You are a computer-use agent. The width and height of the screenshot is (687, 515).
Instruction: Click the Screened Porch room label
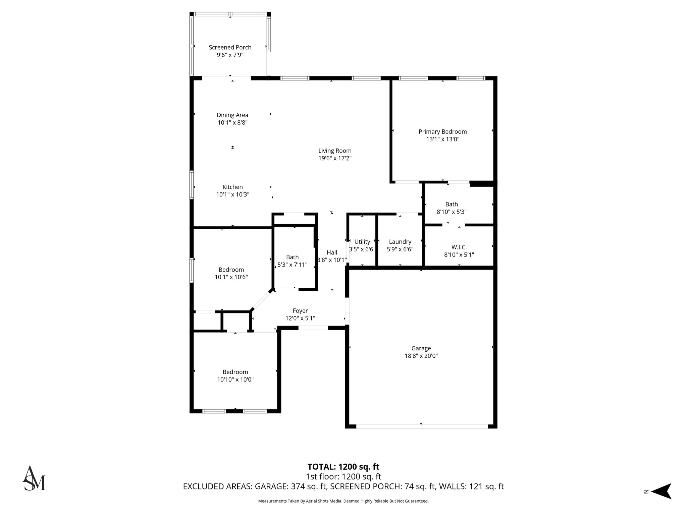(x=230, y=47)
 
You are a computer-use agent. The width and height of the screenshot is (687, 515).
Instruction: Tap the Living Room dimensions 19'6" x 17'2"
(x=335, y=158)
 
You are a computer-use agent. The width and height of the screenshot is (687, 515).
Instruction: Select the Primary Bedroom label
(x=442, y=132)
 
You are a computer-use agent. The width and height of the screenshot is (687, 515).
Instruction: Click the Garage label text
(x=421, y=348)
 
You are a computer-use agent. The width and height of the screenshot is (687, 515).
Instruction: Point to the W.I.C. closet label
(x=459, y=247)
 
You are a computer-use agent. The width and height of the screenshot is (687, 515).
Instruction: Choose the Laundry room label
(x=400, y=242)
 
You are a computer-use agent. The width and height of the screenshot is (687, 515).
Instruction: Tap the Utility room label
(x=362, y=242)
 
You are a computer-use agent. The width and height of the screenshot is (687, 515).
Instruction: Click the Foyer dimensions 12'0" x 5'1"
(x=300, y=318)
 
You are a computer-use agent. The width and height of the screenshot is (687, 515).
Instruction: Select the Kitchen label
(x=232, y=187)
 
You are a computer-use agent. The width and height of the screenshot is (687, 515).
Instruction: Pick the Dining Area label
(x=232, y=115)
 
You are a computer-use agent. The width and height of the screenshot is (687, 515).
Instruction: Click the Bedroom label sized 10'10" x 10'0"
(x=235, y=372)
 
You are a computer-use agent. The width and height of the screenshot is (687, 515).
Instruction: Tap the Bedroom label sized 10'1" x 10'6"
(x=231, y=270)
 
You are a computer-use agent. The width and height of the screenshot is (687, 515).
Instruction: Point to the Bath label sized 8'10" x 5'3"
(x=452, y=204)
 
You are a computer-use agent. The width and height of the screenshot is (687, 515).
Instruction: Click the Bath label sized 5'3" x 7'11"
(x=292, y=257)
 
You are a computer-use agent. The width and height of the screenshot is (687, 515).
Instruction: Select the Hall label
(x=332, y=252)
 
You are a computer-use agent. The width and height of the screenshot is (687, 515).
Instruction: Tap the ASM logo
(x=34, y=478)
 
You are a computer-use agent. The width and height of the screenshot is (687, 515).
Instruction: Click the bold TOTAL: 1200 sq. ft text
(x=343, y=467)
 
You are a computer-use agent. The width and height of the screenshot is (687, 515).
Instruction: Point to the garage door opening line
(x=421, y=426)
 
